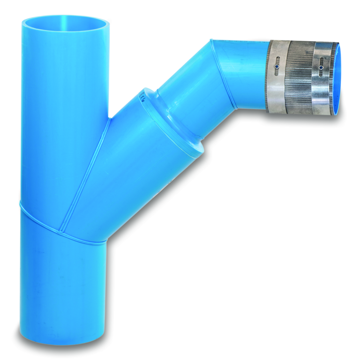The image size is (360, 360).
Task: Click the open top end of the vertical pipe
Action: [65, 23]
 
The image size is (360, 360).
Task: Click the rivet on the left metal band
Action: [277, 67]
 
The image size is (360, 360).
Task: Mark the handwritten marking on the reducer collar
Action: [142, 97]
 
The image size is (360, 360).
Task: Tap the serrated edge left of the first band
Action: [270, 77]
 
